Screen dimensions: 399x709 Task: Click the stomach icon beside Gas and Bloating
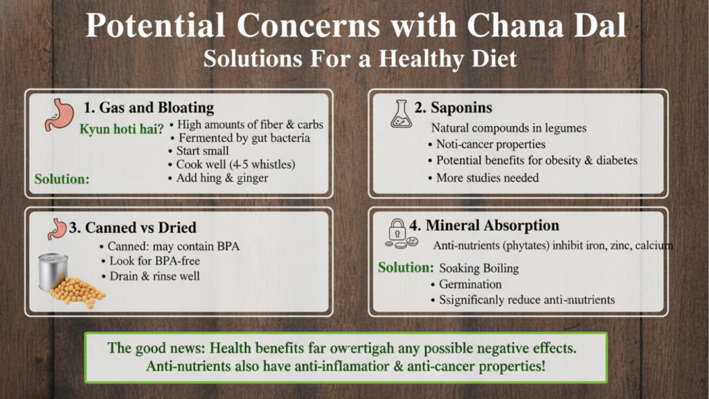point(57,115)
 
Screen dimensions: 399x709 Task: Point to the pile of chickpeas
point(78,290)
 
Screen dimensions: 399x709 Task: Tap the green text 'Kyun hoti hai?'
point(122,130)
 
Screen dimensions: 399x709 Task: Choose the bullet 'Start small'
point(202,151)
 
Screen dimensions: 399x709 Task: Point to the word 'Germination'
point(470,284)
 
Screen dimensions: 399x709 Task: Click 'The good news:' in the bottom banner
point(152,348)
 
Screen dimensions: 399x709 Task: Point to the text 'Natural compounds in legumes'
point(509,128)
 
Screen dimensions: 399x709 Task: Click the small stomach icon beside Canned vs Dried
point(57,227)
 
